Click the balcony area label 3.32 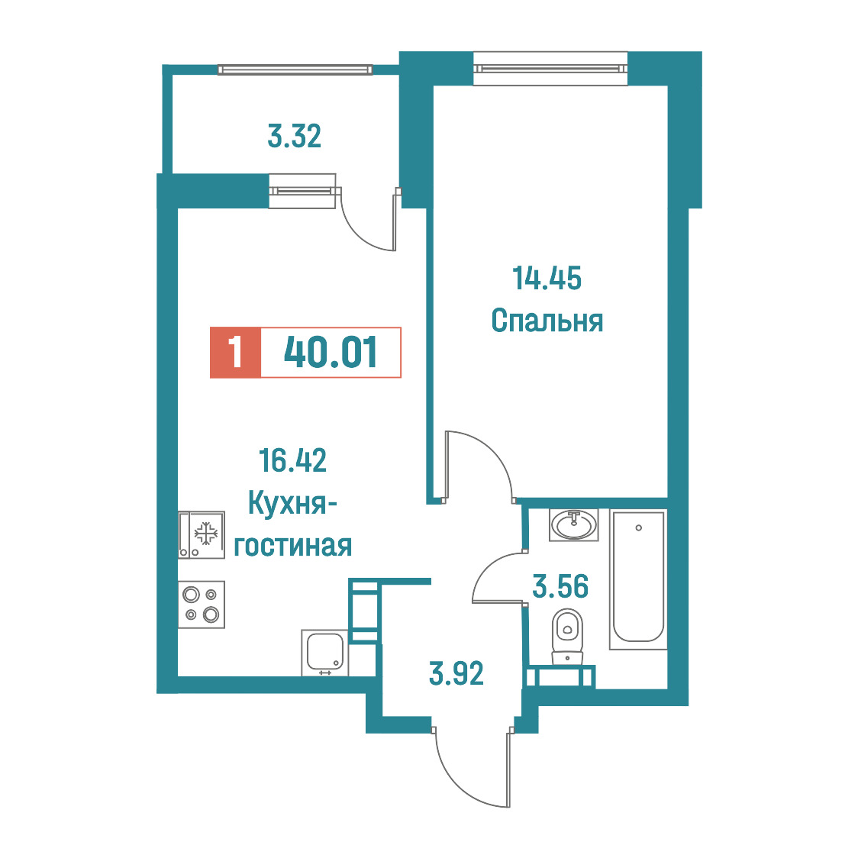click(x=294, y=136)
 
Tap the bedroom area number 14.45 click(x=547, y=278)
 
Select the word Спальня click(x=547, y=321)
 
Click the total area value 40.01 click(x=331, y=353)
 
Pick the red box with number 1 click(x=235, y=353)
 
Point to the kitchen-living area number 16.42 click(x=293, y=460)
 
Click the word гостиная click(x=293, y=546)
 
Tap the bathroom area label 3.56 click(x=560, y=586)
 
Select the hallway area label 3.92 click(x=456, y=673)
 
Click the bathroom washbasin click(x=573, y=525)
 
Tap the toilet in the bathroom click(x=567, y=637)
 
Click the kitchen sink click(x=324, y=653)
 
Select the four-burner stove click(x=202, y=604)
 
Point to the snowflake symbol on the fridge click(x=206, y=534)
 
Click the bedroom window click(x=550, y=69)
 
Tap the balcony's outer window click(x=295, y=69)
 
